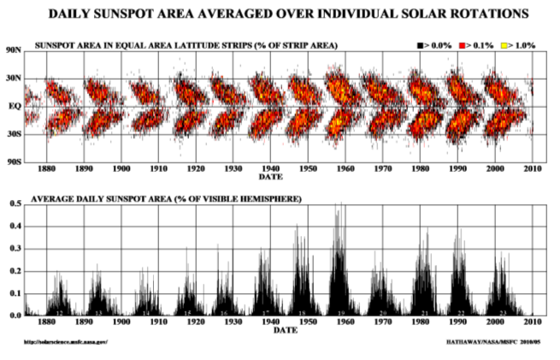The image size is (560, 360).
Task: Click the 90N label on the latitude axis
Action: coord(14,50)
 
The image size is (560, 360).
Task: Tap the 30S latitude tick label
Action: coord(14,134)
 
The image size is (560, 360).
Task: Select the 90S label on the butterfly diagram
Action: coord(14,161)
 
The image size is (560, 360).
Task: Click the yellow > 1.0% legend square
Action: coord(505,44)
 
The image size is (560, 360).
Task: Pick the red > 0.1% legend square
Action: coord(463,44)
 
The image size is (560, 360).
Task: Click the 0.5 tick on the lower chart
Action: coord(15,204)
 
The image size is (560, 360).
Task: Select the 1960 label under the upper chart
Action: coord(345,169)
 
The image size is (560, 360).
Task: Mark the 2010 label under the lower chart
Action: coord(533,323)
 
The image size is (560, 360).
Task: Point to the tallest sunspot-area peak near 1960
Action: coord(339,205)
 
